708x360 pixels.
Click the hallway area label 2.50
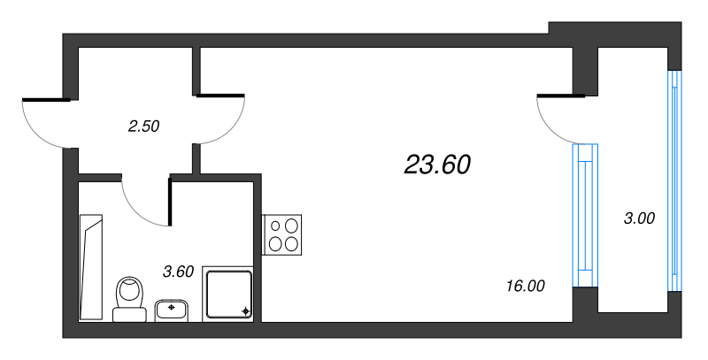[x=143, y=126]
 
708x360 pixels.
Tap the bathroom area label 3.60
[x=178, y=272]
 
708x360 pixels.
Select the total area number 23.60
[x=437, y=164]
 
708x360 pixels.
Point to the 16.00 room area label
[x=526, y=286]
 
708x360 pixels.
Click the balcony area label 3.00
[x=639, y=218]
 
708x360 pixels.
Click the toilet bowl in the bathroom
[x=130, y=290]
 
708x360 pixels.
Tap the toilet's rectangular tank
[x=130, y=313]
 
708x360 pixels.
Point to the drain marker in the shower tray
[x=245, y=311]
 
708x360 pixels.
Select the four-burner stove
[x=283, y=235]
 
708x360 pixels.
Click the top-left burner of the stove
[x=275, y=225]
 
